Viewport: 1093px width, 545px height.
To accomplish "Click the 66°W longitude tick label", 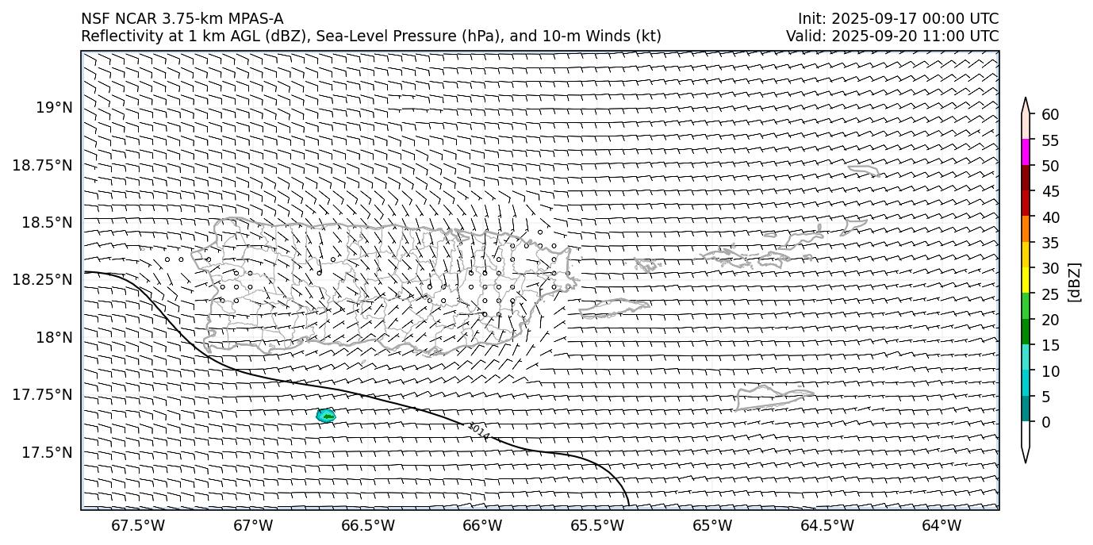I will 482,525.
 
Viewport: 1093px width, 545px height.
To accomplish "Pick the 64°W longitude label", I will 942,525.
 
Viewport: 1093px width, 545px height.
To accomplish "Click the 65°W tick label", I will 711,525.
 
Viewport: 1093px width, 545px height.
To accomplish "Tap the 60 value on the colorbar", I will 1050,115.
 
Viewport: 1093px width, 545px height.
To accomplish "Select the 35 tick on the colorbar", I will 1050,243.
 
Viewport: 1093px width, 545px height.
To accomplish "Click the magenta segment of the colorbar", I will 1026,152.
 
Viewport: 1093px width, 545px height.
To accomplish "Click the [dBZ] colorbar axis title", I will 1076,281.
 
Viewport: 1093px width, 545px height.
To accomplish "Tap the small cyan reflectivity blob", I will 325,415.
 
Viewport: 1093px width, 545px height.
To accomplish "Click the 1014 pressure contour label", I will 478,431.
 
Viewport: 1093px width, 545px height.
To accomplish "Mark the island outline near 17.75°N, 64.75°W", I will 763,397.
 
